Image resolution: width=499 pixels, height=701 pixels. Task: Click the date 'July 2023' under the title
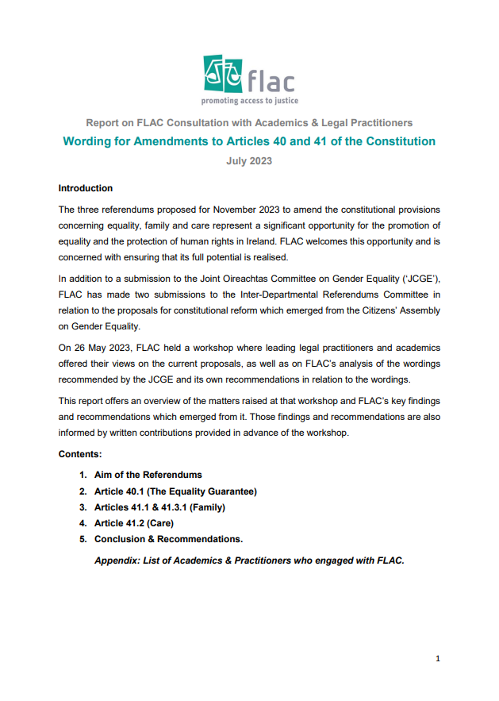coord(249,160)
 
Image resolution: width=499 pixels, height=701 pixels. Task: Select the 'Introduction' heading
coord(86,188)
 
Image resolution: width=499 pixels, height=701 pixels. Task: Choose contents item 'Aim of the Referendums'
coord(148,475)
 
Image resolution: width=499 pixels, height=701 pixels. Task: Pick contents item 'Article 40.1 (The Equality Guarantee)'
coord(175,491)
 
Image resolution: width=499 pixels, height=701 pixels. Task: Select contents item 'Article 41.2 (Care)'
coord(133,523)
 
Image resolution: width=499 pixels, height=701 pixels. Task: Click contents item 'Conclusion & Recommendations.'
coord(168,539)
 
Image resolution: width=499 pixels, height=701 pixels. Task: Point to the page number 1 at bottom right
coord(437,658)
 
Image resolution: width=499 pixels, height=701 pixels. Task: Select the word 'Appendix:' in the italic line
coord(117,560)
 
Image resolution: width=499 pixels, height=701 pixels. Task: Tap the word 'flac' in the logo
coord(271,81)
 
